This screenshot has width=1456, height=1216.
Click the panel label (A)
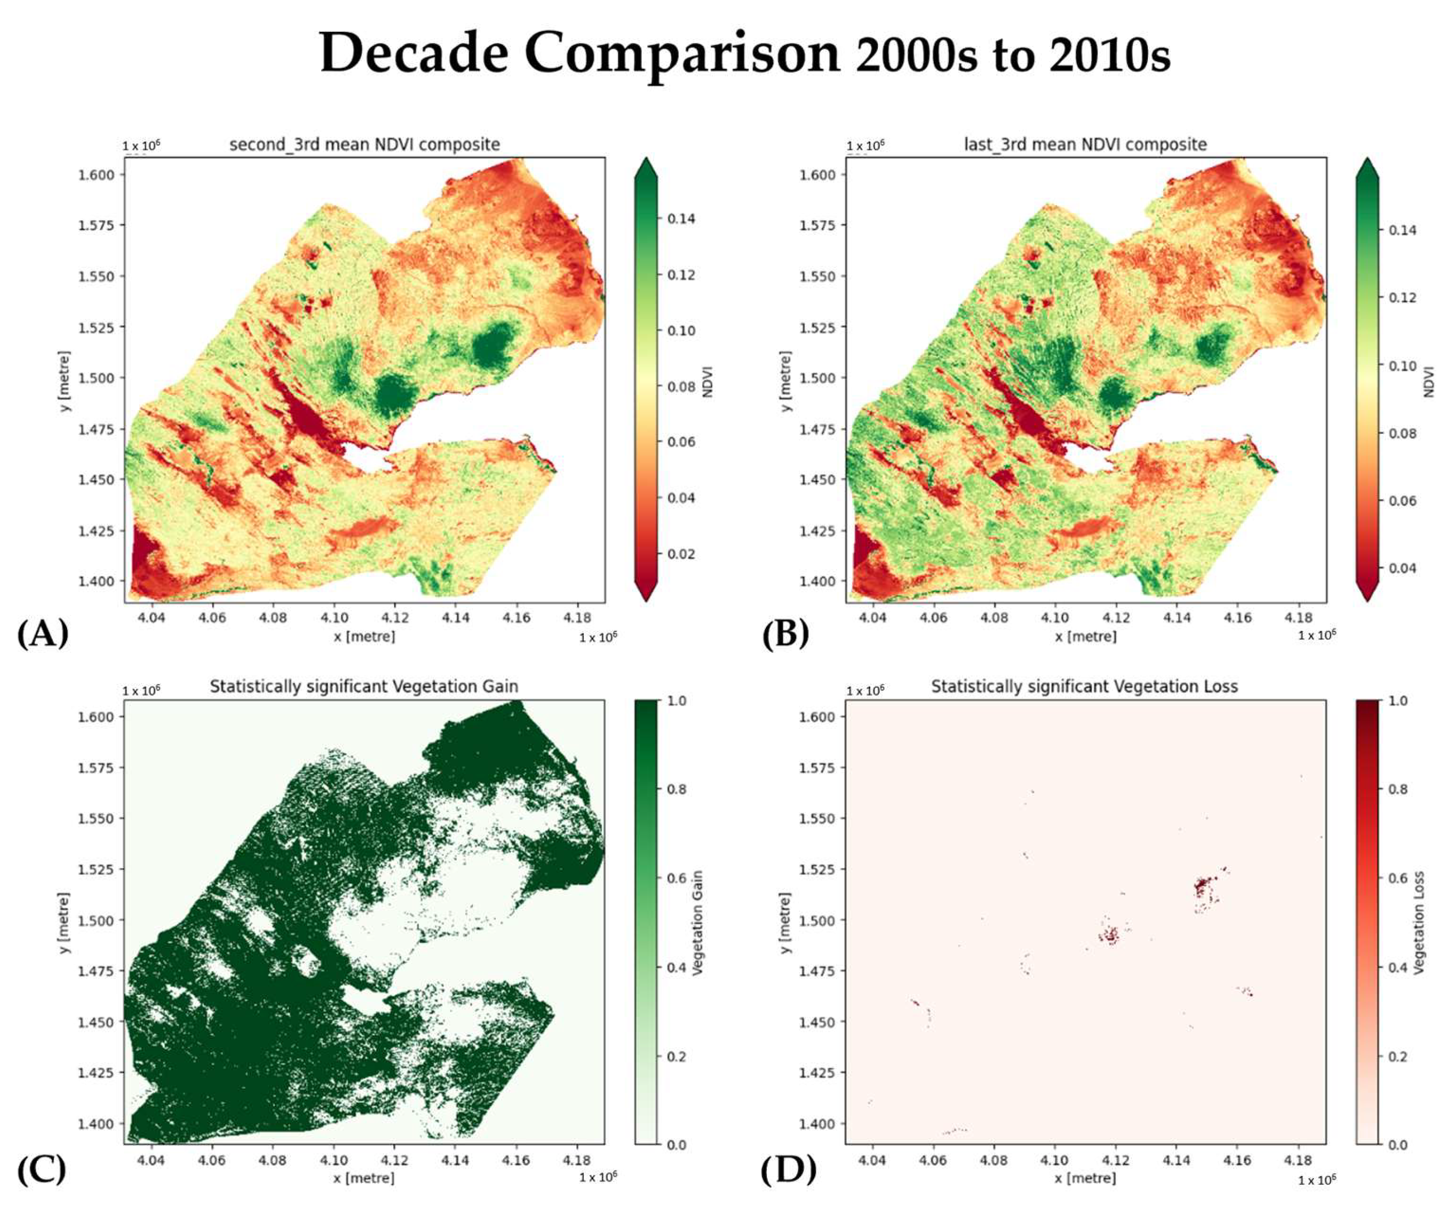pyautogui.click(x=42, y=633)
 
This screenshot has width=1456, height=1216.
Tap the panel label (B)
pyautogui.click(x=785, y=633)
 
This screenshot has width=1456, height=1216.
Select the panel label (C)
pyautogui.click(x=42, y=1170)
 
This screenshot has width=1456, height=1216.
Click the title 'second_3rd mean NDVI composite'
pyautogui.click(x=365, y=144)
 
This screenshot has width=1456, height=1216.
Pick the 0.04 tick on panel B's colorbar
pyautogui.click(x=1402, y=568)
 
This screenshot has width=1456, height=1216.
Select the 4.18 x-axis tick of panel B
pyautogui.click(x=1298, y=617)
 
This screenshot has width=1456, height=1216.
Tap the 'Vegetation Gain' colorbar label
pyautogui.click(x=698, y=922)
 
